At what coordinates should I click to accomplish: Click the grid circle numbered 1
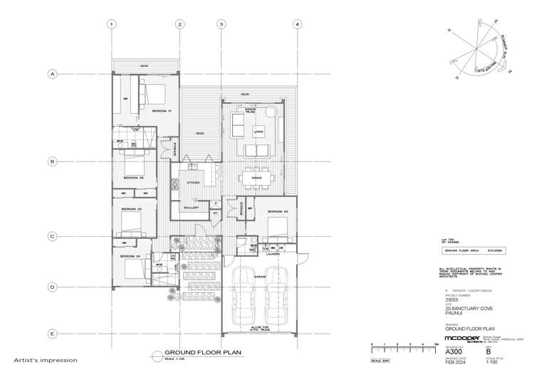(112, 24)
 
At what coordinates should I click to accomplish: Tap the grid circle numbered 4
(297, 24)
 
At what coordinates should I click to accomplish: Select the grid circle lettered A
(52, 73)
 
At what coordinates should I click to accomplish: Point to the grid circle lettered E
(52, 334)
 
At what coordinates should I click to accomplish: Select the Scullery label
(191, 208)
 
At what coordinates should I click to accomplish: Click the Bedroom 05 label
(277, 211)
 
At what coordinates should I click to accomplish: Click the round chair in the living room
(271, 114)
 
